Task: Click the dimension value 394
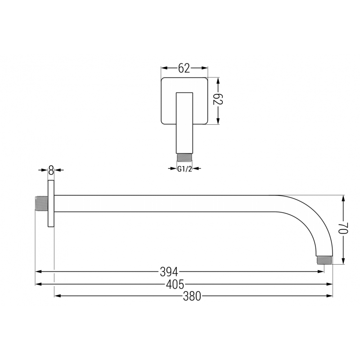169,272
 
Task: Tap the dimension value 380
192,296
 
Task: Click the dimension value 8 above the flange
51,170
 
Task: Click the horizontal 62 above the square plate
184,68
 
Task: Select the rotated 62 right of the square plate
218,100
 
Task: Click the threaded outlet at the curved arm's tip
324,260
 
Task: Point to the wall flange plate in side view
51,204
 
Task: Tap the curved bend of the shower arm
310,216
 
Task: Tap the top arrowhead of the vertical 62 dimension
218,80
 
